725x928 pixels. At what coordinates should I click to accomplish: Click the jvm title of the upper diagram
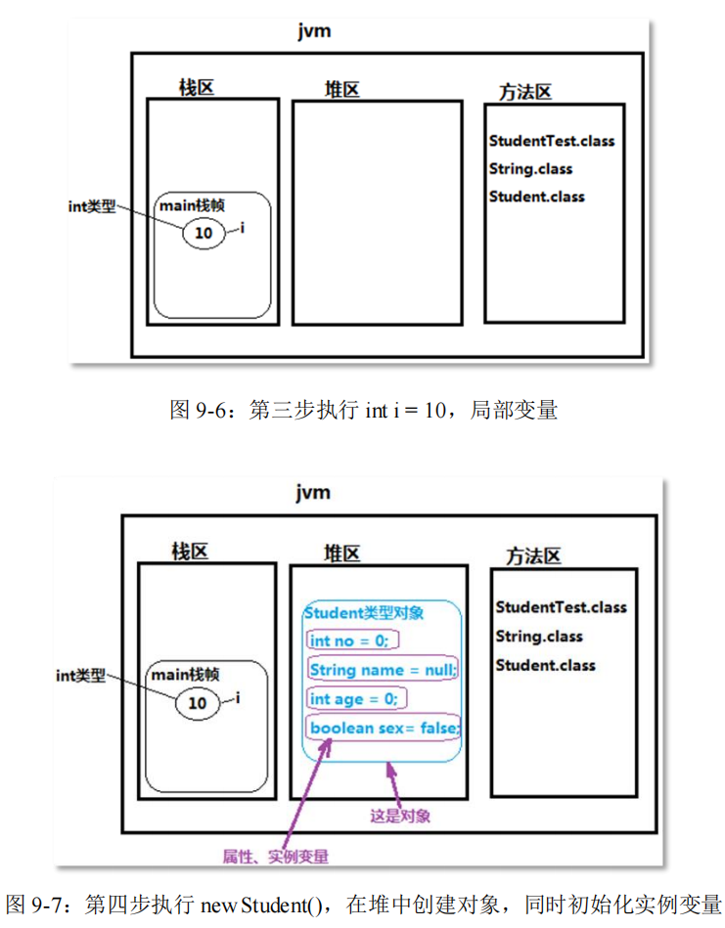(315, 30)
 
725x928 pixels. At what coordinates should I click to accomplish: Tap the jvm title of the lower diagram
(314, 492)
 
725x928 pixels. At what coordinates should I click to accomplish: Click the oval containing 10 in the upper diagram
(204, 233)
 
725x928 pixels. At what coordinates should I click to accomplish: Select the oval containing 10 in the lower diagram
(198, 702)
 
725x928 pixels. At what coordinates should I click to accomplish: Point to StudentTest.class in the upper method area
(552, 141)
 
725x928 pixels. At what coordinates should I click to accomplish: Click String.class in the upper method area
(530, 168)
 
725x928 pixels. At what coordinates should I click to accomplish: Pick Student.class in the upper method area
(537, 196)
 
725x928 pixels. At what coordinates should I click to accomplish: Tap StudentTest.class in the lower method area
(561, 606)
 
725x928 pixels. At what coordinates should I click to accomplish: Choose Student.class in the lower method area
(545, 665)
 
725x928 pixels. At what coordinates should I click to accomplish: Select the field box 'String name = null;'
(383, 670)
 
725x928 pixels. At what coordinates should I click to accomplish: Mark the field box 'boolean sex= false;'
(385, 729)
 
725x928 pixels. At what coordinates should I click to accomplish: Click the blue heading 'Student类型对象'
(364, 613)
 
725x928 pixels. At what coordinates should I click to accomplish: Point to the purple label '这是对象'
(400, 815)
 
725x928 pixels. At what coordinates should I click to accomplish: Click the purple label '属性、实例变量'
(276, 857)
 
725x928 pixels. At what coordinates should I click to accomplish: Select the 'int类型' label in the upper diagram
(92, 206)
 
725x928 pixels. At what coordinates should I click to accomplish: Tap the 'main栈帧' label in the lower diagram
(185, 675)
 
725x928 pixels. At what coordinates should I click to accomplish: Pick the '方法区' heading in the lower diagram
(533, 556)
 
